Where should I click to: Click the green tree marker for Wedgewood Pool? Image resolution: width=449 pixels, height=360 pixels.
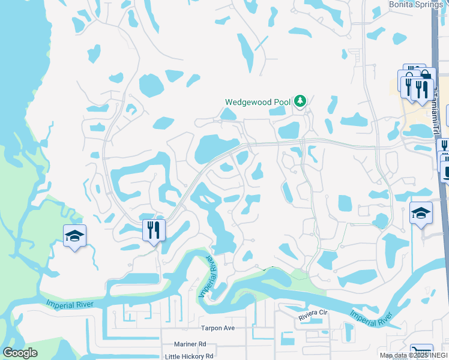click(300, 101)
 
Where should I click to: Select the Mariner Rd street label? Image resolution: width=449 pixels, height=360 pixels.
click(190, 344)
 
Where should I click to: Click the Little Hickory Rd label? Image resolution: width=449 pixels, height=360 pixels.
click(188, 356)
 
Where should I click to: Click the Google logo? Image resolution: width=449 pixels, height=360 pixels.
click(20, 353)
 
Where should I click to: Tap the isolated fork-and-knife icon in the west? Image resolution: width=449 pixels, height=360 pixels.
click(154, 230)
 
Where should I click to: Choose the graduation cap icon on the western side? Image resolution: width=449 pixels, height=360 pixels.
click(74, 236)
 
